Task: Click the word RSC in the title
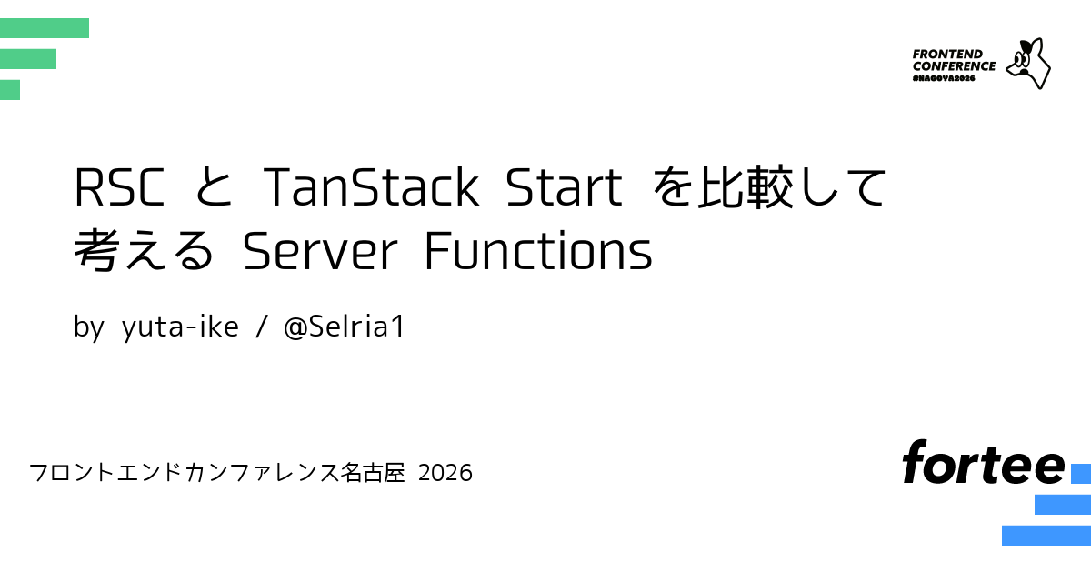pos(119,187)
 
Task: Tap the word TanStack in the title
pos(371,186)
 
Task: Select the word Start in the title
pos(564,187)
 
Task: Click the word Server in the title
pos(320,250)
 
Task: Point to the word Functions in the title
pos(538,250)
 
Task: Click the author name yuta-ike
pos(180,327)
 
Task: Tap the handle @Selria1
pos(344,326)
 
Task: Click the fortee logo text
pos(984,462)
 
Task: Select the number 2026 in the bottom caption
pos(445,473)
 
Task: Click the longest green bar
pos(45,28)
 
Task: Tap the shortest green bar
pos(10,90)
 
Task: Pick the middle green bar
pos(28,59)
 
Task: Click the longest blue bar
pos(1046,536)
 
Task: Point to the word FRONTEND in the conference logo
pos(947,54)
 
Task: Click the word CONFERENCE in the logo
pos(954,66)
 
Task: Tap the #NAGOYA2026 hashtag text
pos(944,78)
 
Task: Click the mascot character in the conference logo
pos(1028,64)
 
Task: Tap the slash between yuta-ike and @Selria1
pos(262,327)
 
